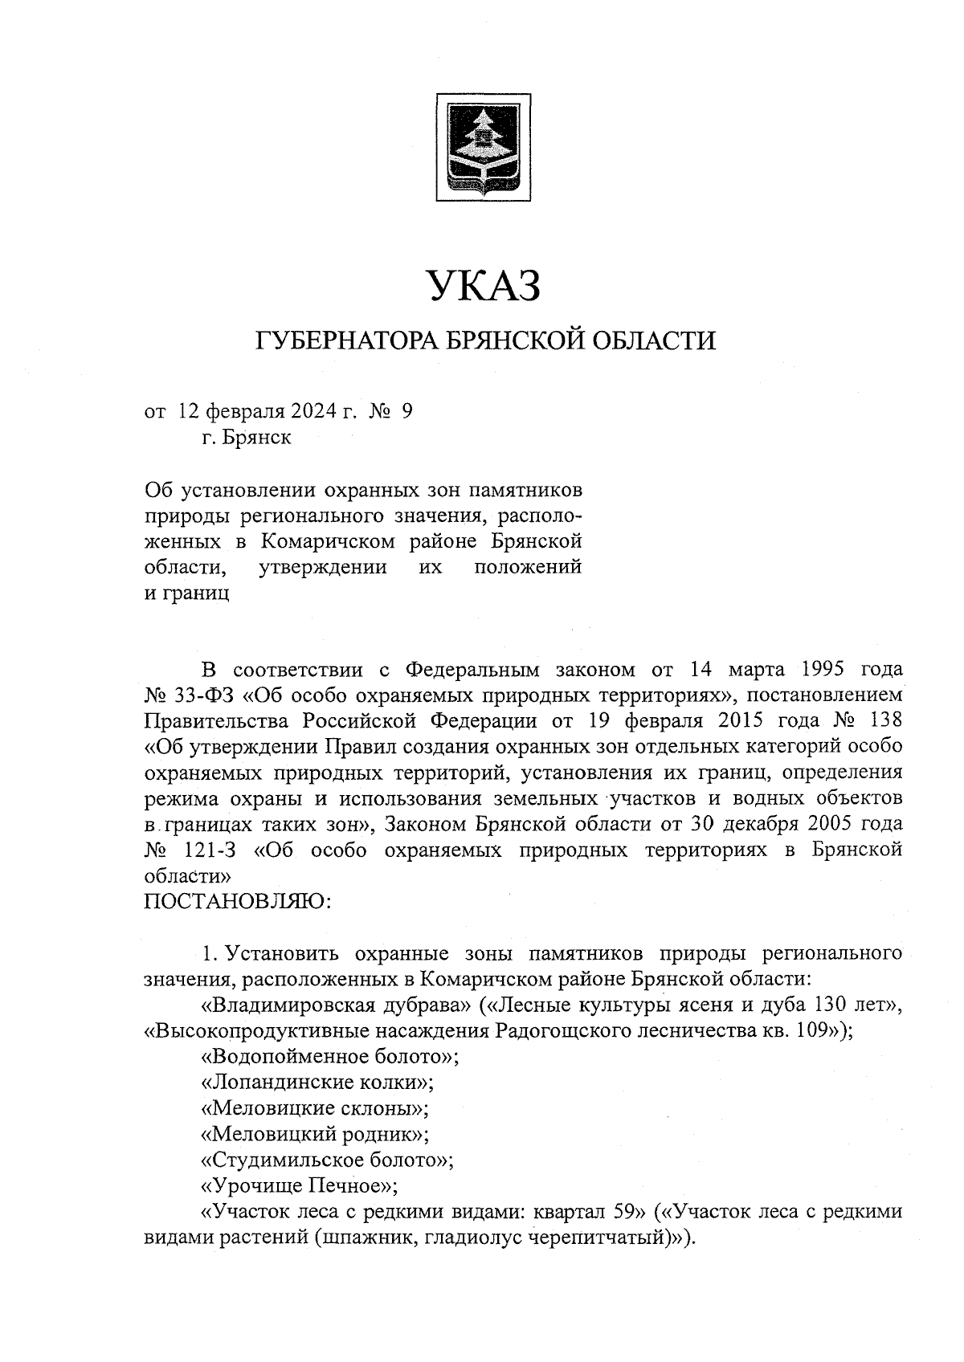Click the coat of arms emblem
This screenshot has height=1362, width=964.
[482, 146]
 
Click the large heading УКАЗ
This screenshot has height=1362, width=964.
[483, 286]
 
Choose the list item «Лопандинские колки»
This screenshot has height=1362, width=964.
[317, 1083]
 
